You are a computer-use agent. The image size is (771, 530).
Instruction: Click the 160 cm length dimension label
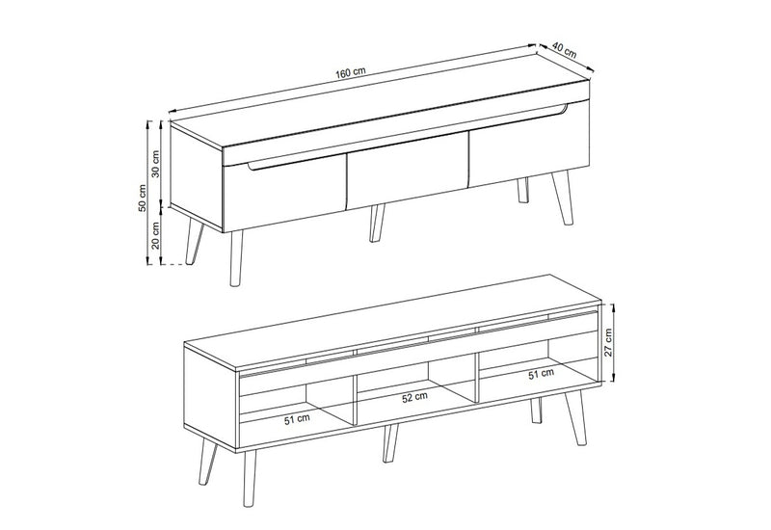point(351,72)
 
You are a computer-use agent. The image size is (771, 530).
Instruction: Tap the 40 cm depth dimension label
point(564,50)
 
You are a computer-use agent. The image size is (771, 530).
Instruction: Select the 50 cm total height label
point(142,199)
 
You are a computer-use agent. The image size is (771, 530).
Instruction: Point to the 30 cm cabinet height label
point(156,163)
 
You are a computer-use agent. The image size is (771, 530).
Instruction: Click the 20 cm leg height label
point(156,235)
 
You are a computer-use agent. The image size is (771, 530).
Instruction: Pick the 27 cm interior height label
point(608,342)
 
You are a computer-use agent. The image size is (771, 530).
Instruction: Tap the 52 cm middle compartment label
point(415,397)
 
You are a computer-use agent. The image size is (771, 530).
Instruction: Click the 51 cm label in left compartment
point(297,419)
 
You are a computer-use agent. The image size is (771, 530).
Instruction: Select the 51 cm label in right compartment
point(541,374)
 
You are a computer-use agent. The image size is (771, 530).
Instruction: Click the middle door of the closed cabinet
point(407,176)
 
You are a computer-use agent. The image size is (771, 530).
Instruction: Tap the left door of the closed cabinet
point(285,195)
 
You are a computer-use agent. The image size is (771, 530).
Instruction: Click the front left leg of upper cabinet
point(236,257)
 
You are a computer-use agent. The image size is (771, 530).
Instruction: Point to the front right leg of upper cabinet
point(563,198)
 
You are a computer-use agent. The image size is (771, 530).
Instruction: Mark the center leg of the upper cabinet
point(377,224)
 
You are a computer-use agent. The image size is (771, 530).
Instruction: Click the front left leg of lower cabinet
point(250,476)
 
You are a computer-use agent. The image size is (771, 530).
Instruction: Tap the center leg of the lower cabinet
point(390,443)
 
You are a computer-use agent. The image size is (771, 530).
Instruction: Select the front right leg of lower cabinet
point(575,418)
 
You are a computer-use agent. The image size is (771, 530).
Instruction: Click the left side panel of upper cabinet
point(197,177)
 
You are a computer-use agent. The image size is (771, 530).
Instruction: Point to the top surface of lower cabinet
point(393,322)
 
